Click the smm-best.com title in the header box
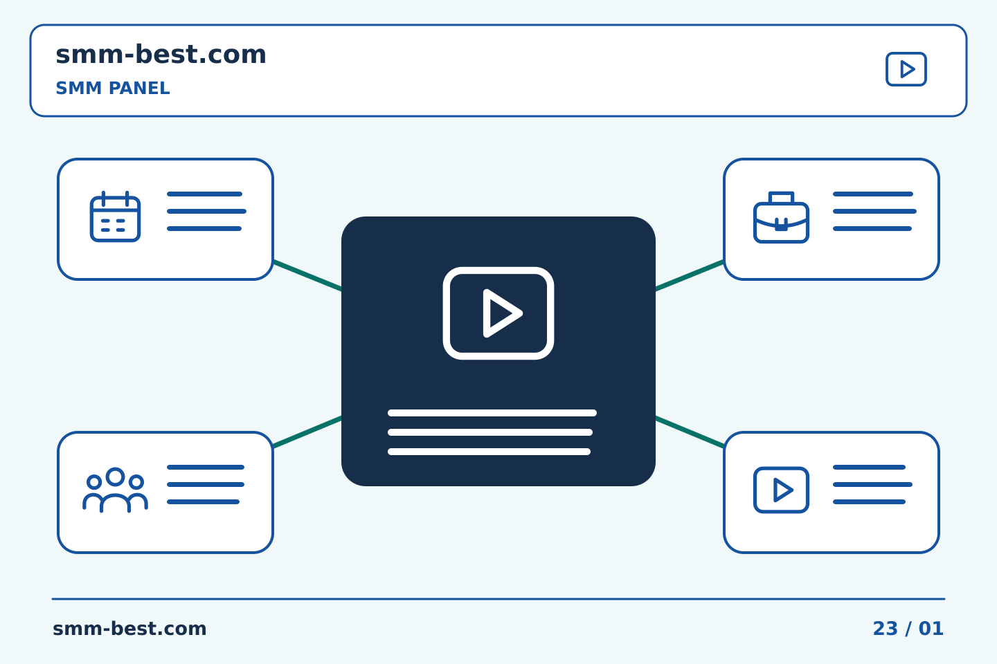161,54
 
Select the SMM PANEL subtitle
113,88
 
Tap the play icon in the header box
906,69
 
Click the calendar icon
115,216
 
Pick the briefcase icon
781,217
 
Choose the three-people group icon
115,490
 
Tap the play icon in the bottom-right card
781,490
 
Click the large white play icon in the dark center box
498,313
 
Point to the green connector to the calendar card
307,276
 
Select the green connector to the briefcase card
690,276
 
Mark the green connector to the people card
307,432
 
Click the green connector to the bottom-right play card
690,432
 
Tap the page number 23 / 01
908,629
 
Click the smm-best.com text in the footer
129,629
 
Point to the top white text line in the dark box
492,413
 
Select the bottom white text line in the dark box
489,452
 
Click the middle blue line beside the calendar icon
206,211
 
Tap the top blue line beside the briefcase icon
873,194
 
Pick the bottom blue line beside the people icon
203,501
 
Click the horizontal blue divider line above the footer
498,599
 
